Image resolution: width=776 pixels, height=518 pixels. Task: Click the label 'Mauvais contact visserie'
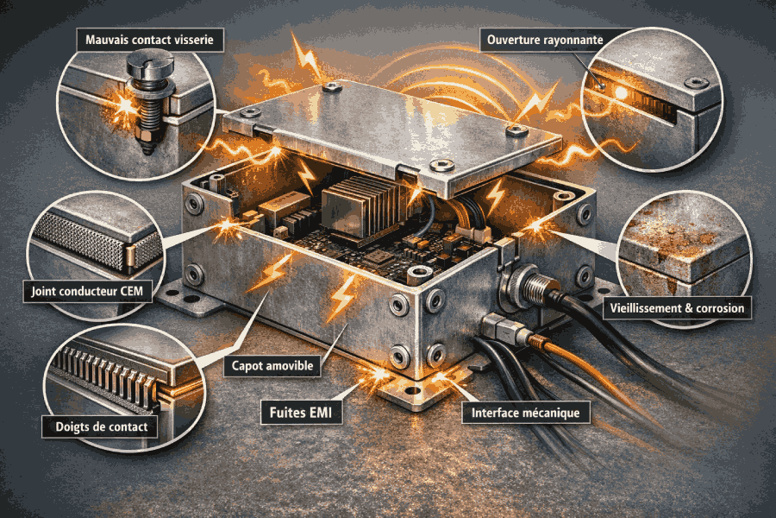[149, 41]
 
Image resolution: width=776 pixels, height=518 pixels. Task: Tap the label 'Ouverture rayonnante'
[545, 41]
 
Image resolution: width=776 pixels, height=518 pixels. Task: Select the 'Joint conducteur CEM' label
[87, 291]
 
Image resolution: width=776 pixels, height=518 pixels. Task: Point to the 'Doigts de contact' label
[101, 426]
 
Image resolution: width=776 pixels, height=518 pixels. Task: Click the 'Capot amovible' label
[272, 366]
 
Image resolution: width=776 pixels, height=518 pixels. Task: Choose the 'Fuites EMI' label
[301, 413]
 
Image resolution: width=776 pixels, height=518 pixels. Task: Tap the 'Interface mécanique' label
[525, 413]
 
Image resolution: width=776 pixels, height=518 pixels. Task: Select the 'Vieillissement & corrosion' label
[677, 308]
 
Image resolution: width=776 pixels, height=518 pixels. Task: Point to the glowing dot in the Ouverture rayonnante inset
[620, 92]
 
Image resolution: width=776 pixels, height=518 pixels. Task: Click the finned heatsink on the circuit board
[360, 203]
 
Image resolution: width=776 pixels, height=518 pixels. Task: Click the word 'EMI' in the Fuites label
[319, 413]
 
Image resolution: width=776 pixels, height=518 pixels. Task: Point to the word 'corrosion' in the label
[720, 308]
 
